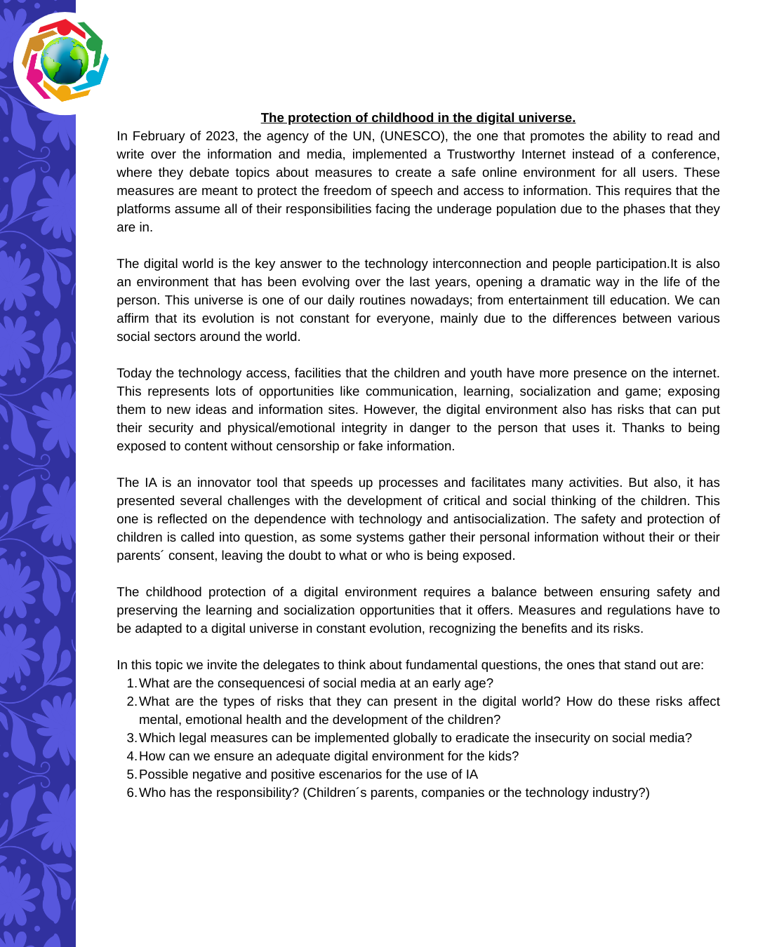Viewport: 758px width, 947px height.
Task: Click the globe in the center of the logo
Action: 65,61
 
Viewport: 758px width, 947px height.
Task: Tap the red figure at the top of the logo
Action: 64,27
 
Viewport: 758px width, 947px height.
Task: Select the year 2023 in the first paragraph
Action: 220,136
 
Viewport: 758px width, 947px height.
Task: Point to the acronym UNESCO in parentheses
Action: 413,136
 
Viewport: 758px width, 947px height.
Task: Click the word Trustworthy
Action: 487,154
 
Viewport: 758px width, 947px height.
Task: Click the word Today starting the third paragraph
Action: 134,373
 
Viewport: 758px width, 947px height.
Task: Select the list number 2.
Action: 131,701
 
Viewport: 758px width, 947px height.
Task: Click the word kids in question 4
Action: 501,756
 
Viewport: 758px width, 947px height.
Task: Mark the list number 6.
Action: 131,793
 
